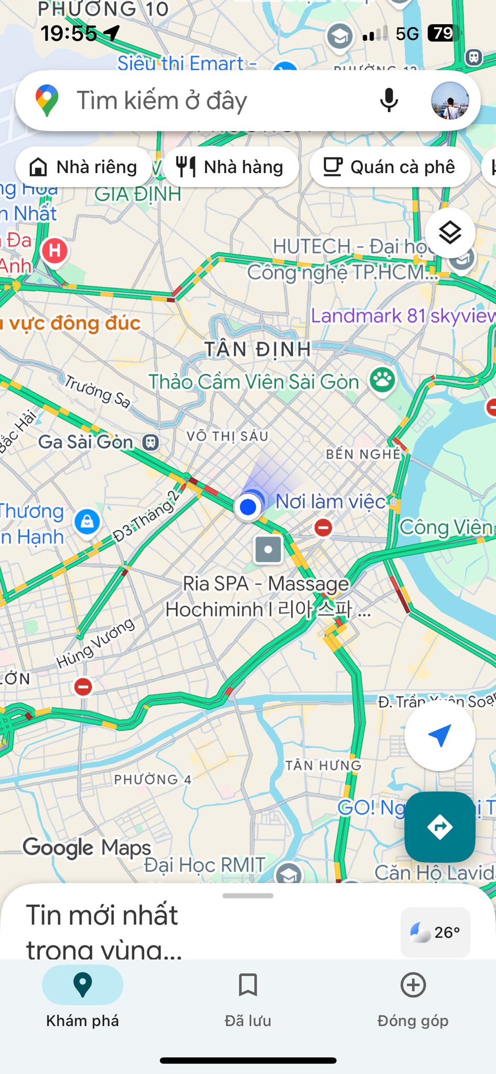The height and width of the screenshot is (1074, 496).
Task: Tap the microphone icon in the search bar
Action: [389, 100]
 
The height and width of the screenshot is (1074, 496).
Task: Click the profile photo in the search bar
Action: [450, 101]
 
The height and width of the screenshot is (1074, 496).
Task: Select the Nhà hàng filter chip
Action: [231, 167]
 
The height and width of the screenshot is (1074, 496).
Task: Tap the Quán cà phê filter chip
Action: [390, 167]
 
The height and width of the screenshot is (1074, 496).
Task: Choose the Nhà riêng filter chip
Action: [84, 167]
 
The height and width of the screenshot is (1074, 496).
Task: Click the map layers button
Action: [450, 232]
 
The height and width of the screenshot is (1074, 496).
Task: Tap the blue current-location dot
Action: [248, 507]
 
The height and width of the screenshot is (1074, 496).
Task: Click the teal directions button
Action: [439, 827]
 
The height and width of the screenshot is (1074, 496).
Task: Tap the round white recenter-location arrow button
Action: [439, 736]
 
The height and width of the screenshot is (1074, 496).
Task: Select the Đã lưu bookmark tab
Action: [247, 998]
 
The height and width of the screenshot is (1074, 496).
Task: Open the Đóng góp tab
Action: [413, 998]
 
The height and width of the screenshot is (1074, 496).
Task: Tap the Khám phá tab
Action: [83, 998]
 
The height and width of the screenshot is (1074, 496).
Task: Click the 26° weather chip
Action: [435, 932]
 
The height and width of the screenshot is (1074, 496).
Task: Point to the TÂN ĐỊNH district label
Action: [257, 349]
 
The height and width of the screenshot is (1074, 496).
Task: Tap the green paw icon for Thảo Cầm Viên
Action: [382, 379]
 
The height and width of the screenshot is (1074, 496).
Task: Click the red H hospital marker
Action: [55, 251]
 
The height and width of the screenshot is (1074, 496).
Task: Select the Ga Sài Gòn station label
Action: [86, 442]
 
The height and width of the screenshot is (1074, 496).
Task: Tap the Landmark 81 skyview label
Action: [403, 316]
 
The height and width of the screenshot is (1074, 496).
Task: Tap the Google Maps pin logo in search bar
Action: [47, 100]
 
